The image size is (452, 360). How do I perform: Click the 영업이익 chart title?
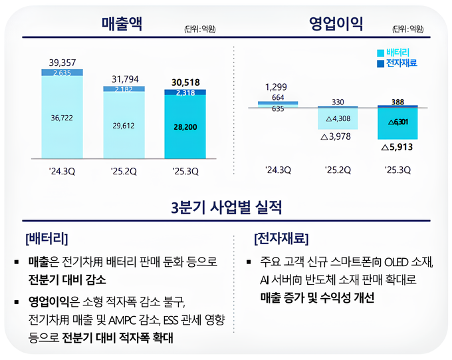pyautogui.click(x=336, y=25)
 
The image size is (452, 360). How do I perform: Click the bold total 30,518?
pyautogui.click(x=185, y=82)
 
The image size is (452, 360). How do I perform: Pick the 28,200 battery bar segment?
pyautogui.click(x=185, y=126)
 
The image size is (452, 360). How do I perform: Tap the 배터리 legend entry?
pyautogui.click(x=397, y=52)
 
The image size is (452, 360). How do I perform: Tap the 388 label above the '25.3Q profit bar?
pyautogui.click(x=398, y=102)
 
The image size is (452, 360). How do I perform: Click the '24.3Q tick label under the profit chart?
pyautogui.click(x=277, y=170)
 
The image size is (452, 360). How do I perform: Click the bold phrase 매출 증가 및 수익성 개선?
pyautogui.click(x=318, y=298)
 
